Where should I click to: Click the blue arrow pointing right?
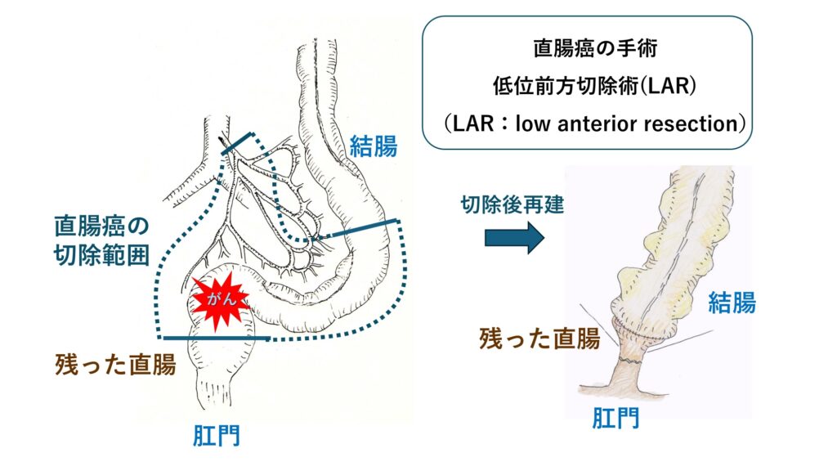[514, 238]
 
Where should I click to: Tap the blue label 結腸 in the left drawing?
[374, 147]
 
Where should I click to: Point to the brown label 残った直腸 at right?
[539, 338]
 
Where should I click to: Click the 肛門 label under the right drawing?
[615, 419]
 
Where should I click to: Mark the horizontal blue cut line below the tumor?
[217, 337]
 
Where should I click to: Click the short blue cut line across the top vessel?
[240, 144]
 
